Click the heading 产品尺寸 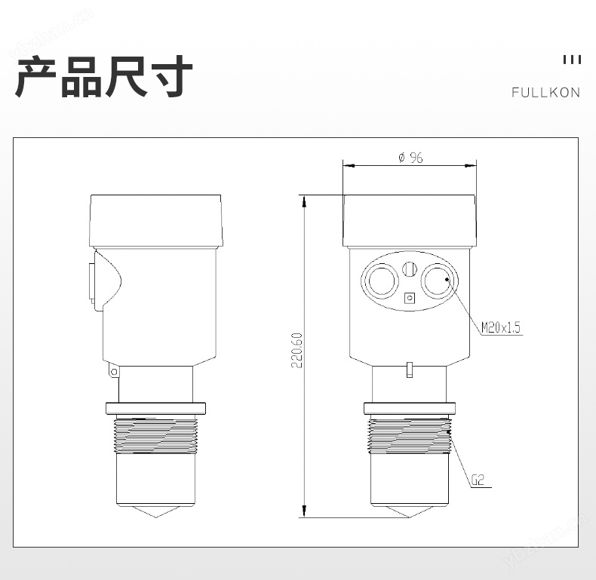[x=104, y=76]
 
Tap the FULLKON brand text [x=545, y=92]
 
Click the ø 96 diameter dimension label [x=410, y=158]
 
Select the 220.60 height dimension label [x=296, y=350]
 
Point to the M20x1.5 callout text [x=501, y=327]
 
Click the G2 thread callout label [x=478, y=480]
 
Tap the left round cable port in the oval [x=382, y=281]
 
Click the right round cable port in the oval [x=438, y=281]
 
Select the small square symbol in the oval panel [x=410, y=298]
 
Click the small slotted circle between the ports [x=410, y=269]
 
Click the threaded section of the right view [x=410, y=435]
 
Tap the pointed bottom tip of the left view [x=156, y=517]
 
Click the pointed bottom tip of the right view [x=410, y=517]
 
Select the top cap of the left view [x=156, y=221]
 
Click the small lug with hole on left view [x=113, y=370]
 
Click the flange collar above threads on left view [x=156, y=408]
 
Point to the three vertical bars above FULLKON [x=572, y=60]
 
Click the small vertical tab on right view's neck [x=410, y=370]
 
